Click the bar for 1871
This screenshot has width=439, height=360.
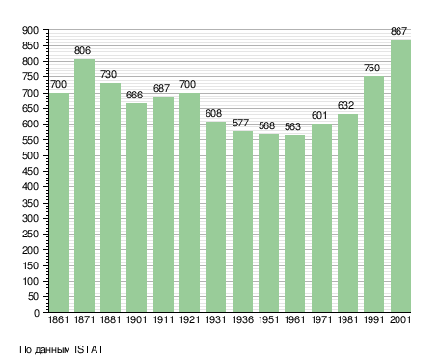(84, 185)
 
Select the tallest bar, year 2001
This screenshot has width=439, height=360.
(400, 176)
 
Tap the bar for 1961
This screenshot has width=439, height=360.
(294, 224)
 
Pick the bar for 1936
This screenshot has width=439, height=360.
(242, 221)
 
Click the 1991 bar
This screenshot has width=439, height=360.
(373, 194)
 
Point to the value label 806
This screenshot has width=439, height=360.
(82, 50)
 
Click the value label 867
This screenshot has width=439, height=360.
(398, 31)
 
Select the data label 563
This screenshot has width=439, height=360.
(292, 126)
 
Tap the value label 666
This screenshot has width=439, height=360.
(134, 95)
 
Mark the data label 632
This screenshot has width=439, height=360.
(345, 105)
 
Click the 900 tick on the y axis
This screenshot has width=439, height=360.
(30, 30)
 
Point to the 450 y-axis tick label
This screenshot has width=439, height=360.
(30, 171)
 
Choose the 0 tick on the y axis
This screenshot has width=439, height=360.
(37, 313)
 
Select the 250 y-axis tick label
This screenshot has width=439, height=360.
(30, 234)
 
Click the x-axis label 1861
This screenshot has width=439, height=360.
(58, 319)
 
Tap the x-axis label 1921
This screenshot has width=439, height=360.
(189, 319)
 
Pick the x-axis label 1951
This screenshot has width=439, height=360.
(268, 319)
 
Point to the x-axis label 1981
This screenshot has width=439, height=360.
(347, 319)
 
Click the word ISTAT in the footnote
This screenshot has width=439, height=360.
(89, 349)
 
